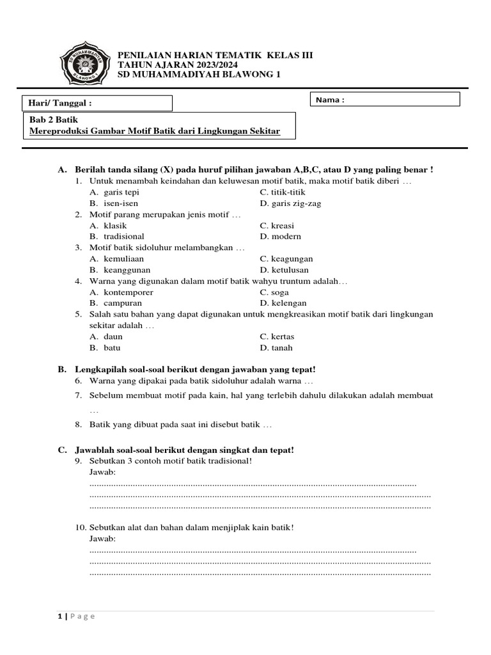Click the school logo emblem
click(85, 65)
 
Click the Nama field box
click(386, 99)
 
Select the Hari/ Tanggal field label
click(61, 103)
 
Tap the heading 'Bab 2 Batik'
click(54, 120)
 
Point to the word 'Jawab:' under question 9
click(103, 472)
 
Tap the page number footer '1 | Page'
click(76, 616)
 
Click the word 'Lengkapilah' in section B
click(99, 370)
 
